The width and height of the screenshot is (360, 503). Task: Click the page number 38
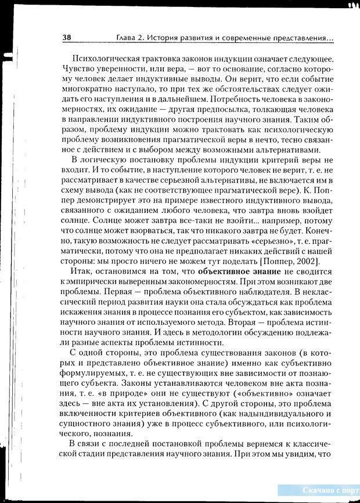click(x=67, y=38)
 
